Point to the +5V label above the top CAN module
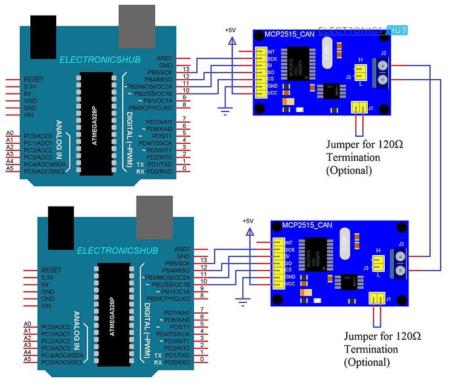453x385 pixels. [230, 29]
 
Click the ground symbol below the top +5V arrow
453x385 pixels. [226, 110]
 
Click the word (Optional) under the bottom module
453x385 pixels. [367, 362]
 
